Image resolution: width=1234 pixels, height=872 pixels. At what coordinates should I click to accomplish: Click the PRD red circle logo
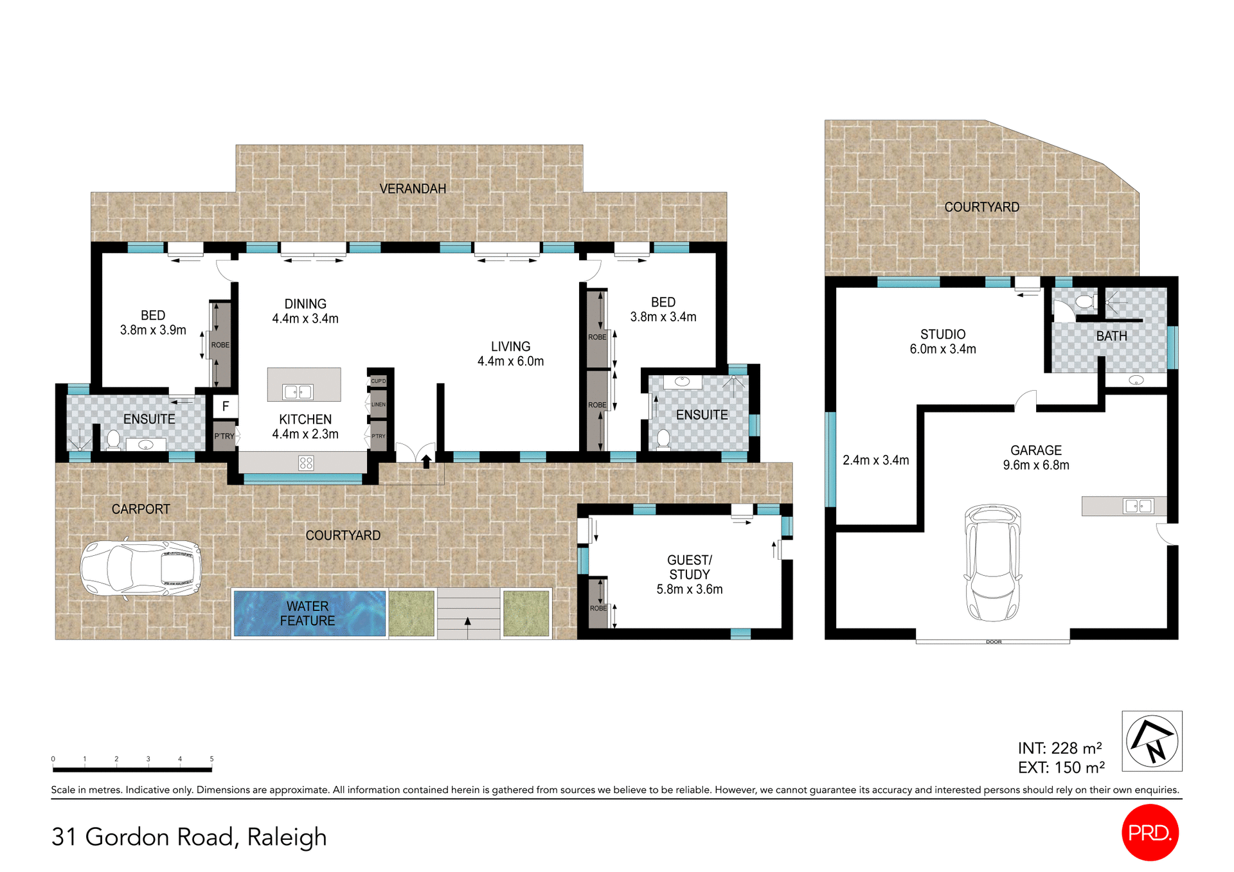click(1150, 832)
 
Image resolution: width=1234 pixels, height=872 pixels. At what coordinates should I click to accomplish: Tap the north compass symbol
click(1152, 740)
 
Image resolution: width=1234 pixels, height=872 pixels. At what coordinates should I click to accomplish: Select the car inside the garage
click(993, 563)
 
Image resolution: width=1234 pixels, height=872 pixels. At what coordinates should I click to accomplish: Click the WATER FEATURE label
click(307, 614)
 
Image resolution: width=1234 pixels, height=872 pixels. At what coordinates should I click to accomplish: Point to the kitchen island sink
click(298, 391)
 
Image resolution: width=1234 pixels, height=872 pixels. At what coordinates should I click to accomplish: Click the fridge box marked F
click(226, 406)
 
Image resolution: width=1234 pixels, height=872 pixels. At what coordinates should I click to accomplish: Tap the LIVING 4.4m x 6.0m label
click(510, 353)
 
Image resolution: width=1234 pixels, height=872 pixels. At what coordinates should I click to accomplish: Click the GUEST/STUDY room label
click(689, 574)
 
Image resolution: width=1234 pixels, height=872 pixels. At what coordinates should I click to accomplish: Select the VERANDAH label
click(413, 189)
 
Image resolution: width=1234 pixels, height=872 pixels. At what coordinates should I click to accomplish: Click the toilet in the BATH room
click(1086, 301)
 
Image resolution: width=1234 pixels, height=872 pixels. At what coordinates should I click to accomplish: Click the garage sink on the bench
click(1138, 506)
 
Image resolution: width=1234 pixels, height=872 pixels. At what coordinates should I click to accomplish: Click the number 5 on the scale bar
click(211, 759)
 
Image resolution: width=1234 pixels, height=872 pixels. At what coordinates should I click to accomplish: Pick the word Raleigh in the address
click(287, 837)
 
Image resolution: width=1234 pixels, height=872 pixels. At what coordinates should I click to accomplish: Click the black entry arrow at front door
click(426, 461)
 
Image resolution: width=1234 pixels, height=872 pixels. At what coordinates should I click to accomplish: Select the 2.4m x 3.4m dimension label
click(875, 460)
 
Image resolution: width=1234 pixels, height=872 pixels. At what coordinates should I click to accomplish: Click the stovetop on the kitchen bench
click(306, 463)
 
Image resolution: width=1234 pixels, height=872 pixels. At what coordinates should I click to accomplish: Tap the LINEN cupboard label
click(379, 405)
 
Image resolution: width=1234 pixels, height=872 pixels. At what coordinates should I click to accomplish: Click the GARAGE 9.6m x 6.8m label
click(1035, 458)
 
